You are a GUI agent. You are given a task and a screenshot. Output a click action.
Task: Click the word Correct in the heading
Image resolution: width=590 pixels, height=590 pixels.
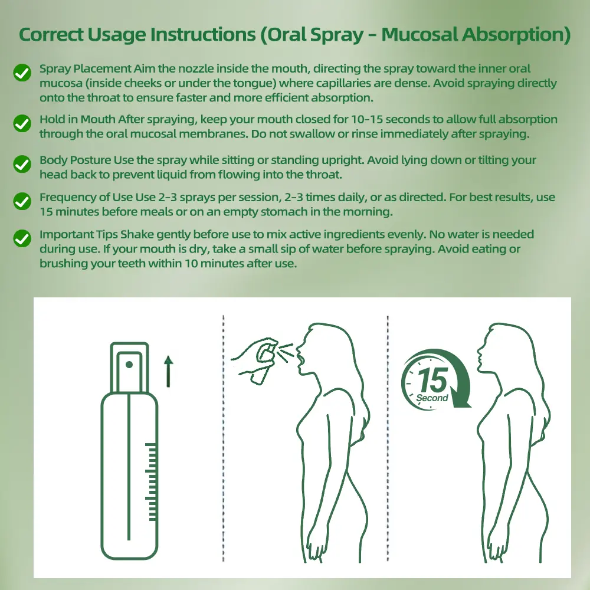(51, 34)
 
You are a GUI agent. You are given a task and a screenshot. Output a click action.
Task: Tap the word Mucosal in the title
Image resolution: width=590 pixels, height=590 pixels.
(419, 34)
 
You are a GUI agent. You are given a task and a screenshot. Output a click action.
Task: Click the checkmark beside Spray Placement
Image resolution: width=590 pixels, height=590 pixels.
(22, 72)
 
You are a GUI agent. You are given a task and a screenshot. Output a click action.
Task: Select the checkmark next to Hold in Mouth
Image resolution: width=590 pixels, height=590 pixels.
(22, 123)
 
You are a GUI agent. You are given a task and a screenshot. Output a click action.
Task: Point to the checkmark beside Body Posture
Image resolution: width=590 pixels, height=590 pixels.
(22, 165)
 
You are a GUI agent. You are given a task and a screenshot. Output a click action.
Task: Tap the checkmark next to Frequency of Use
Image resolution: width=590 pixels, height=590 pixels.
(22, 202)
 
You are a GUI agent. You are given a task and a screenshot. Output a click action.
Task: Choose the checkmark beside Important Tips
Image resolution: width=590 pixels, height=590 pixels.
(22, 238)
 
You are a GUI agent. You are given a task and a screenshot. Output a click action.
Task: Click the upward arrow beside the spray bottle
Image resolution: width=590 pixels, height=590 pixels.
(169, 371)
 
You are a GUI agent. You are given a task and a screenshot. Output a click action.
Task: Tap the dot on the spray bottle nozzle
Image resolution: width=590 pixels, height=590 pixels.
(129, 365)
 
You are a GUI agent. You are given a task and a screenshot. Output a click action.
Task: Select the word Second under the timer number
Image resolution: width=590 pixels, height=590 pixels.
(432, 398)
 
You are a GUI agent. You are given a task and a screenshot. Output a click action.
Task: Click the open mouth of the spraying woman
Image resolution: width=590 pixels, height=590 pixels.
(300, 360)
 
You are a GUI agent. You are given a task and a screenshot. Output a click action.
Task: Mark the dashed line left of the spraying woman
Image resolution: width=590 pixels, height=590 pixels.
(224, 438)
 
